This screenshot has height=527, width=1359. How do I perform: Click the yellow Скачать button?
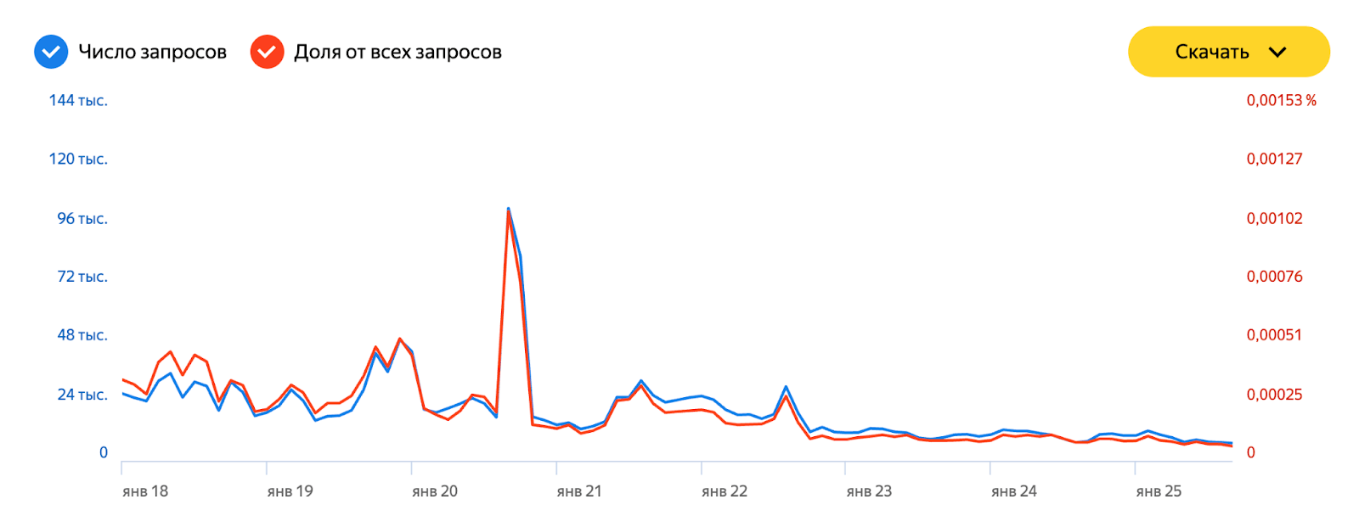pyautogui.click(x=1227, y=52)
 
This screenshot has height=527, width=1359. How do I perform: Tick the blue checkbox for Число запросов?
pyautogui.click(x=51, y=52)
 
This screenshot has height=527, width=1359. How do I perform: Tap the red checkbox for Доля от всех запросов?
pyautogui.click(x=267, y=52)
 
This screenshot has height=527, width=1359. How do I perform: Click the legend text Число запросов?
pyautogui.click(x=152, y=52)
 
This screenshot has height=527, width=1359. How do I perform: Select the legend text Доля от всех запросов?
pyautogui.click(x=398, y=52)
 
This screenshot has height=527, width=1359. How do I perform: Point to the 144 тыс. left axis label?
pyautogui.click(x=78, y=100)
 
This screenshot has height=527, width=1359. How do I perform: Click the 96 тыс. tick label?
pyautogui.click(x=82, y=218)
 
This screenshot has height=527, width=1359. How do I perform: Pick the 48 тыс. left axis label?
pyautogui.click(x=82, y=334)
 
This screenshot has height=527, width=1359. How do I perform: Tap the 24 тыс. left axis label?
pyautogui.click(x=82, y=394)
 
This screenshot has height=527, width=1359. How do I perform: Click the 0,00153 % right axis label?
pyautogui.click(x=1281, y=100)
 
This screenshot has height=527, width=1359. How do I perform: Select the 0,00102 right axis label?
pyautogui.click(x=1274, y=218)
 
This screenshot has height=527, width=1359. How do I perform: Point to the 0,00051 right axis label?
pyautogui.click(x=1274, y=334)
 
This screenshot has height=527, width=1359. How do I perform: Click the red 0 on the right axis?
pyautogui.click(x=1250, y=452)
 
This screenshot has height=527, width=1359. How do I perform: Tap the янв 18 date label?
pyautogui.click(x=145, y=491)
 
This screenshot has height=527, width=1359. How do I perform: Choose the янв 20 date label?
pyautogui.click(x=435, y=491)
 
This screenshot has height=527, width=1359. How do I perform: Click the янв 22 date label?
pyautogui.click(x=725, y=491)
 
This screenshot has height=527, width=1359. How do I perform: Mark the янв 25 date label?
pyautogui.click(x=1159, y=491)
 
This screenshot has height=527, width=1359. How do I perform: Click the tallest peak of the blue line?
pyautogui.click(x=508, y=208)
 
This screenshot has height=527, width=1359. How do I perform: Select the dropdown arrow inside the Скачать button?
pyautogui.click(x=1277, y=52)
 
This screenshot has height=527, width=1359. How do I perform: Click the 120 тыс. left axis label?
pyautogui.click(x=78, y=159)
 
